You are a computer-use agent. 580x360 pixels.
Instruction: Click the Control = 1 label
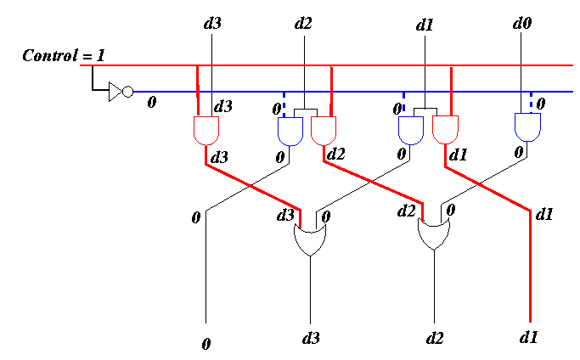64,55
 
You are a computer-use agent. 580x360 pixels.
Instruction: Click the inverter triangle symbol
115,92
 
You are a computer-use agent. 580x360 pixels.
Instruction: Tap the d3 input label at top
212,23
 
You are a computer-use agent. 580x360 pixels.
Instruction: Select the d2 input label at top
303,23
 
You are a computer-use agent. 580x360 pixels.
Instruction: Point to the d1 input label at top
425,25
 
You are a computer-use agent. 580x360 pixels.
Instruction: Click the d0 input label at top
522,23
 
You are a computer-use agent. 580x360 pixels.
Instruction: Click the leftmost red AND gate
206,131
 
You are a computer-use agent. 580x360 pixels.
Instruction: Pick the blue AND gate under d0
528,127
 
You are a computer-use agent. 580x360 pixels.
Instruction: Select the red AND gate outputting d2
324,131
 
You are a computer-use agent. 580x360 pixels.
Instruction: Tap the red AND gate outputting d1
445,130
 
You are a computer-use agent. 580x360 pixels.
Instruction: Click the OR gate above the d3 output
310,239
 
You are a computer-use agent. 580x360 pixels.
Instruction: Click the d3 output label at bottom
311,338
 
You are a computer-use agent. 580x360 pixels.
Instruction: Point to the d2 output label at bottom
435,338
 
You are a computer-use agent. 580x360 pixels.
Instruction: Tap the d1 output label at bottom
528,337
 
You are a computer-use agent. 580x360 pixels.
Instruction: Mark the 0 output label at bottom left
206,344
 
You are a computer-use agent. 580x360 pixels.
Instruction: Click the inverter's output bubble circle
127,92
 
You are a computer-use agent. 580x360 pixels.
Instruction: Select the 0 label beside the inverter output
152,102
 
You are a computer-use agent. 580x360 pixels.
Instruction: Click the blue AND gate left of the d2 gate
290,132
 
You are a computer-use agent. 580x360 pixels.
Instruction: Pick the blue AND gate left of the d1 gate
411,131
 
